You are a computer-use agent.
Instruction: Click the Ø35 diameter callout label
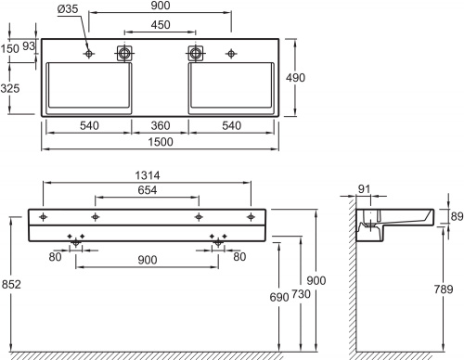point(68,8)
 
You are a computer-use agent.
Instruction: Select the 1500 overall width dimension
point(161,142)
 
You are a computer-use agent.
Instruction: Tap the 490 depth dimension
point(295,78)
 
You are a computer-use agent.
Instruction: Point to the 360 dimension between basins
point(161,125)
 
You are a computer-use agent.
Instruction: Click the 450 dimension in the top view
point(161,25)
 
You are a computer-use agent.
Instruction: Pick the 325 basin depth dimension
point(10,88)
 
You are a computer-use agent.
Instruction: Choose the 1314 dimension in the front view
point(148,175)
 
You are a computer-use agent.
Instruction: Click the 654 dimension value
point(148,189)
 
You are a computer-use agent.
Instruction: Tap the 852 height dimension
point(11,284)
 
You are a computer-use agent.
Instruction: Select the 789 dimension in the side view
point(444,289)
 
